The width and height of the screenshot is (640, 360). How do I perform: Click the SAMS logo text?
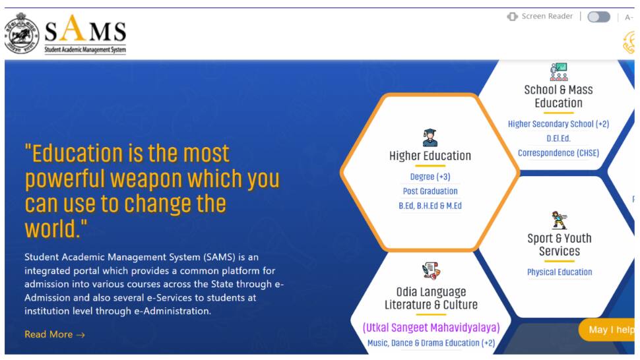(x=85, y=34)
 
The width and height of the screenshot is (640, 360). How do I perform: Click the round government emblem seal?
(x=22, y=34)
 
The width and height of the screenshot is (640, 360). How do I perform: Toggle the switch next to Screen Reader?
(x=599, y=16)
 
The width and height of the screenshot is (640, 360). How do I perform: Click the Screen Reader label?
(x=547, y=16)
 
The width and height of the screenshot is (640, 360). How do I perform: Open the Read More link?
(x=55, y=335)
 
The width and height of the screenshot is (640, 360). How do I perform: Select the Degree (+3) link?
(x=430, y=177)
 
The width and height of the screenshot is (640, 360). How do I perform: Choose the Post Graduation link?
(x=430, y=191)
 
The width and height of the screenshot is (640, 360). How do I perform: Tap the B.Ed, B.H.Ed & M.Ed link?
(x=430, y=206)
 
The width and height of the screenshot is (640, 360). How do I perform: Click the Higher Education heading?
(x=430, y=156)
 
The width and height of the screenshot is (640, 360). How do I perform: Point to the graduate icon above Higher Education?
(x=430, y=137)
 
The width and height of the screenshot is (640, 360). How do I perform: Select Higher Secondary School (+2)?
(x=558, y=124)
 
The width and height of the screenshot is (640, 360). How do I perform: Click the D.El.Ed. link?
(x=558, y=138)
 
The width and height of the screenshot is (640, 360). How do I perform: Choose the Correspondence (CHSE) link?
(x=558, y=153)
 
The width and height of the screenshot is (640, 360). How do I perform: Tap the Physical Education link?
(x=560, y=272)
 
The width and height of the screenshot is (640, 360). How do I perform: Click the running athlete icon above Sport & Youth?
(x=560, y=220)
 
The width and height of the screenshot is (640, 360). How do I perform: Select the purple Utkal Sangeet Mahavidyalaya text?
(x=431, y=328)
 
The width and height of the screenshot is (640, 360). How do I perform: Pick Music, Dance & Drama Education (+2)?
(x=431, y=343)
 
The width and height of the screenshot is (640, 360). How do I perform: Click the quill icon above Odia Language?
(x=431, y=271)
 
